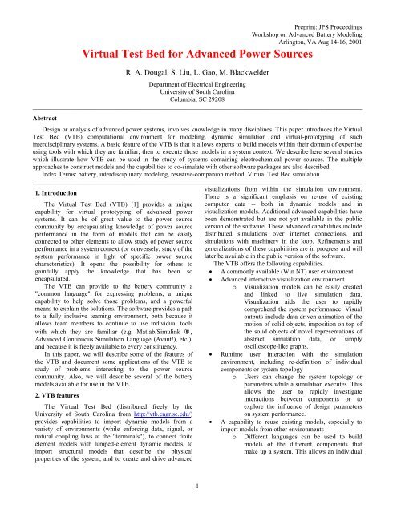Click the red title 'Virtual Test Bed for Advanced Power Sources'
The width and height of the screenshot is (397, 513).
pyautogui.click(x=198, y=33)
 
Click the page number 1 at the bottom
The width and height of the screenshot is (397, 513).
pyautogui.click(x=198, y=507)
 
